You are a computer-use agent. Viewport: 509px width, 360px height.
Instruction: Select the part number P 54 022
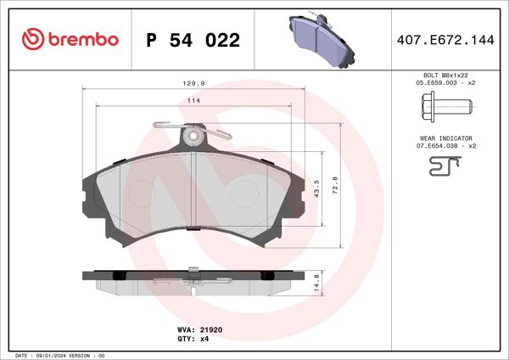pyautogui.click(x=193, y=40)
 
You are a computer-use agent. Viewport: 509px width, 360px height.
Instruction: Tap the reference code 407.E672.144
pyautogui.click(x=445, y=39)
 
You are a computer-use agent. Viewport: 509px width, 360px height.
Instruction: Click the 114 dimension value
pyautogui.click(x=193, y=101)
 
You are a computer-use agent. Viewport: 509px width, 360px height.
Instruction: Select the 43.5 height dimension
pyautogui.click(x=316, y=186)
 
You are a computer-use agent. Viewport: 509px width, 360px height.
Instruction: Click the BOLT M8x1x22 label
pyautogui.click(x=445, y=76)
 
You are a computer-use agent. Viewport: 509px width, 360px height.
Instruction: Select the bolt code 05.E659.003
pyautogui.click(x=445, y=84)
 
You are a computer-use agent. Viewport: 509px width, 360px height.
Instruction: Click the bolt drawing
pyautogui.click(x=444, y=108)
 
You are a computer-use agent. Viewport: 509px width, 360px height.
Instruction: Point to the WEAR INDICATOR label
pyautogui.click(x=445, y=138)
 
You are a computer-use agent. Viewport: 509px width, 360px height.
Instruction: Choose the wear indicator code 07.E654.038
pyautogui.click(x=445, y=146)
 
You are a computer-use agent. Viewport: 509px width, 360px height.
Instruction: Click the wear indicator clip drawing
pyautogui.click(x=444, y=170)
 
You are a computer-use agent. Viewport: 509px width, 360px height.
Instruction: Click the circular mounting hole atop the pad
pyautogui.click(x=194, y=135)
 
